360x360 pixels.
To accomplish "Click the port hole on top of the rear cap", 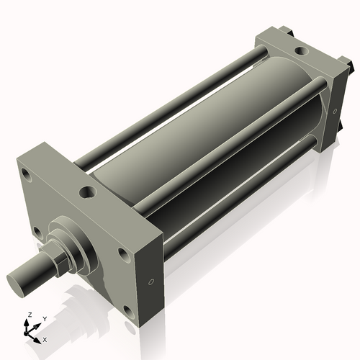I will click(297, 52).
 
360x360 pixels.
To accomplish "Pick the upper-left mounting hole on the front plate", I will click(27, 175).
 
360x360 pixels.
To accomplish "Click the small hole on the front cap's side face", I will click(151, 282).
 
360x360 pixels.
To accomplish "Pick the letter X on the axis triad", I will click(45, 338).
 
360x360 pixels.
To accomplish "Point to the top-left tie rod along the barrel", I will click(166, 104).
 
